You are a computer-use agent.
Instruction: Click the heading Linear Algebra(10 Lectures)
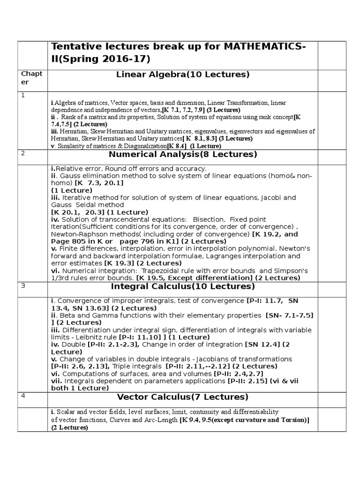pyautogui.click(x=183, y=75)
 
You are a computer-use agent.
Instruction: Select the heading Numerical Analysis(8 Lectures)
pyautogui.click(x=183, y=154)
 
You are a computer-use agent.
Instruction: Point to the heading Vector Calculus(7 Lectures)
pyautogui.click(x=183, y=397)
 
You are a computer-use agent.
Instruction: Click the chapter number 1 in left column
pyautogui.click(x=22, y=95)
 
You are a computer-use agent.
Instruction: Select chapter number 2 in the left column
pyautogui.click(x=22, y=153)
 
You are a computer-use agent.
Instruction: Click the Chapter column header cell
pyautogui.click(x=32, y=78)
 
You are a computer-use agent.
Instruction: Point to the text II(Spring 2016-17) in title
pyautogui.click(x=101, y=60)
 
